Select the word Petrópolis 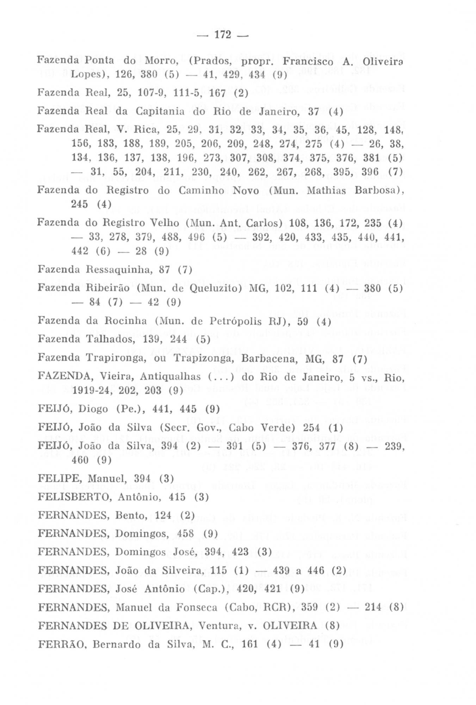point(235,321)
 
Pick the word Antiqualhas point(171,376)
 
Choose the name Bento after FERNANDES point(130,515)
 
